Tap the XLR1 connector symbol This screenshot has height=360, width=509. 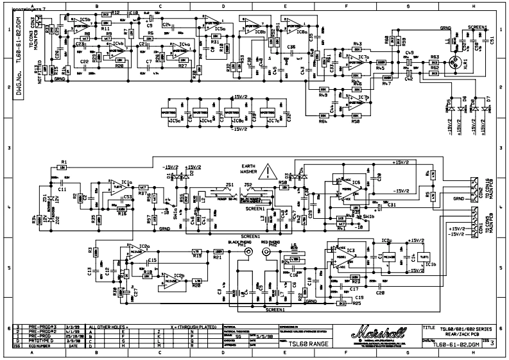[458, 64]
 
